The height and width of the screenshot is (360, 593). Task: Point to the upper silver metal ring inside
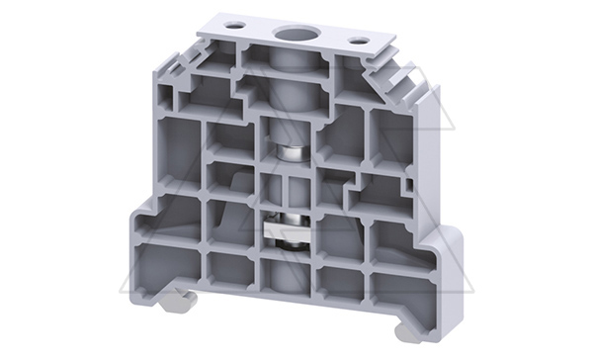tap(290, 154)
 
